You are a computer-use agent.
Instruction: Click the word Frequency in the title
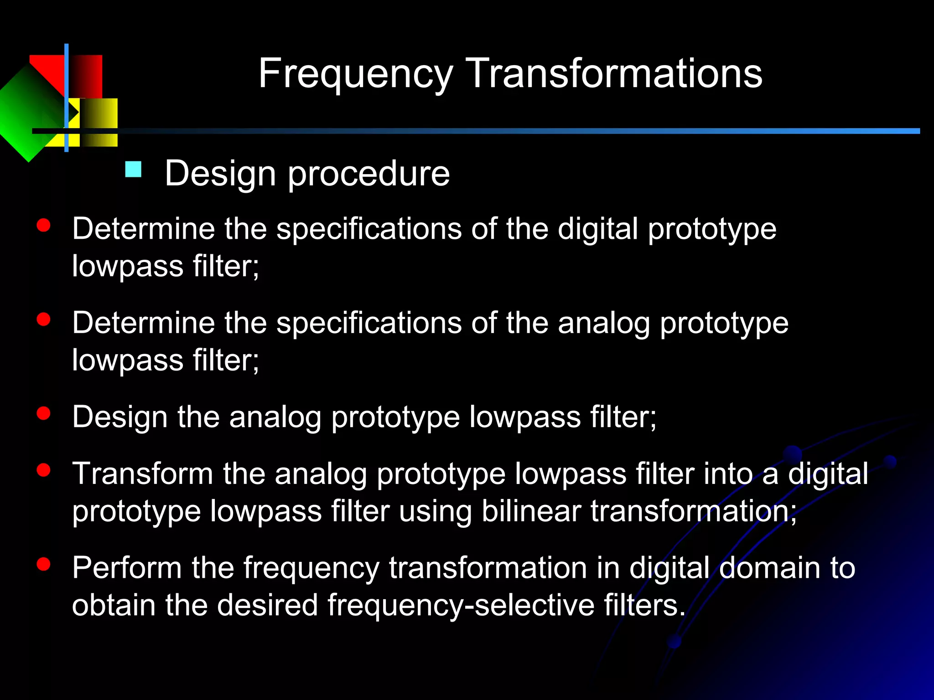click(x=355, y=74)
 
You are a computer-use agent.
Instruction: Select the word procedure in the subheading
click(x=368, y=174)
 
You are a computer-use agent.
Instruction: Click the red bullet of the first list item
click(x=43, y=226)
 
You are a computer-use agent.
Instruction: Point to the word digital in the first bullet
click(x=597, y=229)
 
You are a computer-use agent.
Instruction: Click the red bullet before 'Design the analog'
click(x=43, y=413)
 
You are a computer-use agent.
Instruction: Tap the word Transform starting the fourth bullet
click(x=143, y=474)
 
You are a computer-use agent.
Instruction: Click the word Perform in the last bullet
click(x=127, y=568)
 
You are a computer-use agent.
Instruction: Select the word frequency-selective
click(x=461, y=605)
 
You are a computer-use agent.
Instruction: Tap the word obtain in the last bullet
click(x=114, y=605)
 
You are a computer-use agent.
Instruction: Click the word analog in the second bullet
click(x=604, y=323)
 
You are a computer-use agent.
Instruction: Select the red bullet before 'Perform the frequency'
click(x=43, y=564)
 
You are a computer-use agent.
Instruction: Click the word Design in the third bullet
click(x=120, y=417)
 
